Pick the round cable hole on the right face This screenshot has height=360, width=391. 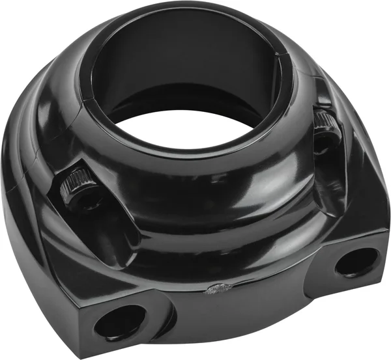pos(357,262)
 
